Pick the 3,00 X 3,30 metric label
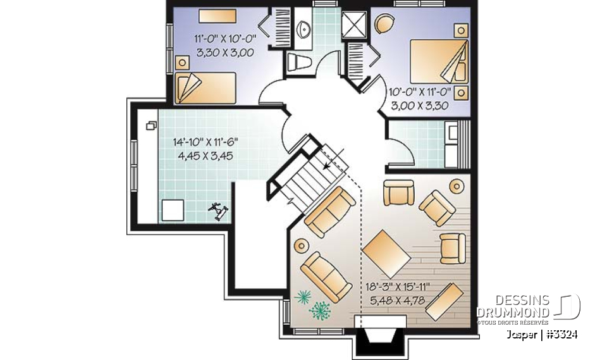click(x=420, y=106)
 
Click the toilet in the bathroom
click(x=297, y=62)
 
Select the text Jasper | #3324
click(x=541, y=334)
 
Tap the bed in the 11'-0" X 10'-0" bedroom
click(x=205, y=87)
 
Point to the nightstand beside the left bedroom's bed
click(x=183, y=62)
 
